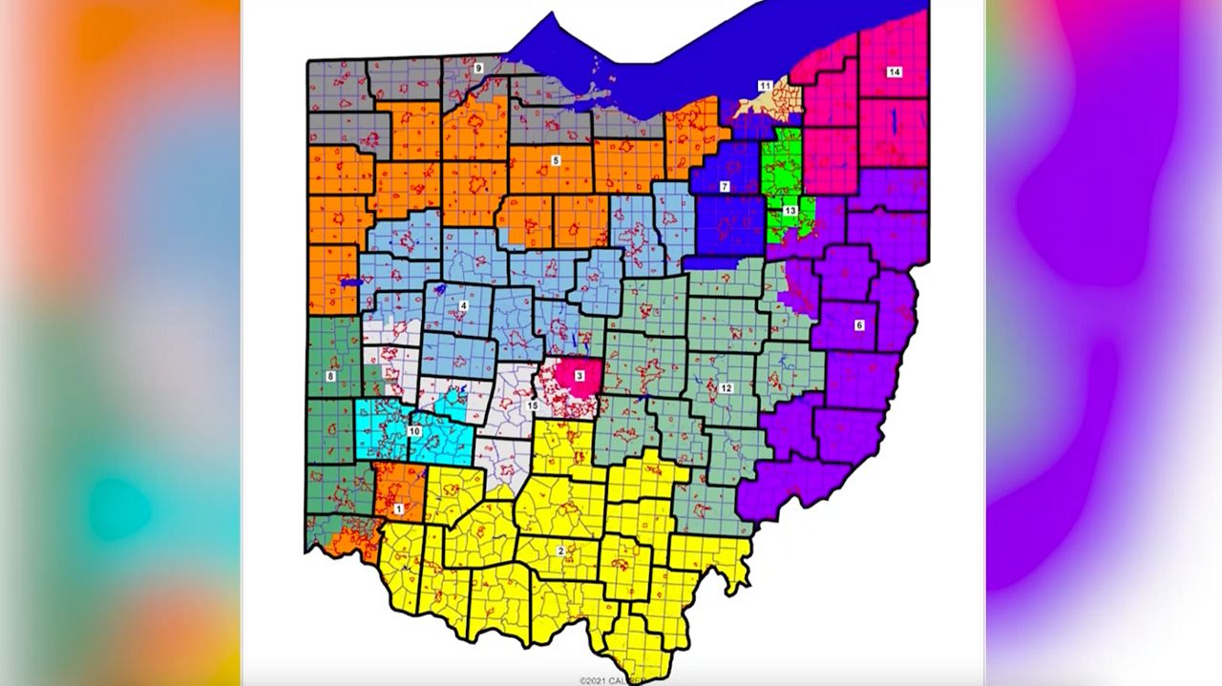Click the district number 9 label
click(478, 68)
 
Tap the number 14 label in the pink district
click(894, 73)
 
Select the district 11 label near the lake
click(765, 86)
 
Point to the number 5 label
click(556, 161)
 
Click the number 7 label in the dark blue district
click(725, 186)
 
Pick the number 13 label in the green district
click(790, 210)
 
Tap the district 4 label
click(463, 305)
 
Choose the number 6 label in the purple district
click(858, 325)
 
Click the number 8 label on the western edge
click(330, 377)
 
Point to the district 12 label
click(726, 388)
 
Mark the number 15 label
click(533, 406)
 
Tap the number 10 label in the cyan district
click(414, 431)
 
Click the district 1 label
click(399, 509)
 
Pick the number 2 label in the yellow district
click(560, 551)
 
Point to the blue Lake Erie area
click(668, 57)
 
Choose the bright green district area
click(781, 162)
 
